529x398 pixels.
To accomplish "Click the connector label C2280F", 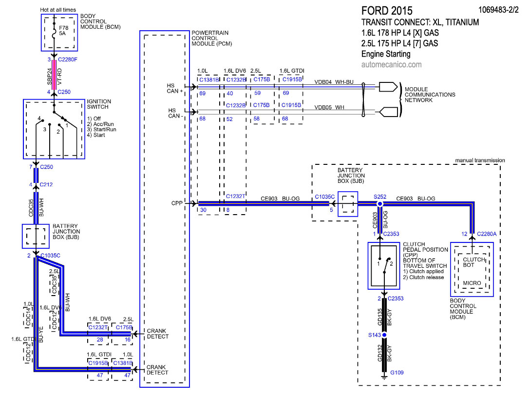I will pyautogui.click(x=67, y=60).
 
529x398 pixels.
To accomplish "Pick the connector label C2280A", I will pyautogui.click(x=487, y=235).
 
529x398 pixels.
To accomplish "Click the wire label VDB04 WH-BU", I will pyautogui.click(x=334, y=82).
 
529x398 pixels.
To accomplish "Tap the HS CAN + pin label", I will pyautogui.click(x=174, y=88).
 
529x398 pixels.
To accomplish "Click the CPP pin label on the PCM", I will pyautogui.click(x=177, y=203).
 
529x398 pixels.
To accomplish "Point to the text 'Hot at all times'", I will pyautogui.click(x=58, y=10).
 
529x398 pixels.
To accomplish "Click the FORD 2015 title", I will pyautogui.click(x=387, y=11).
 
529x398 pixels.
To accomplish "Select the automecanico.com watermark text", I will pyautogui.click(x=392, y=64).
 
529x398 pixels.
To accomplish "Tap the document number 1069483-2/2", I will pyautogui.click(x=500, y=9).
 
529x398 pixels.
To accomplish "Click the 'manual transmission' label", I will pyautogui.click(x=480, y=160).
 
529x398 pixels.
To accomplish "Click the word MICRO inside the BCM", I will pyautogui.click(x=472, y=283).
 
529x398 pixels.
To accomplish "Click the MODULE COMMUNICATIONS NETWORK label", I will pyautogui.click(x=430, y=95).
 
